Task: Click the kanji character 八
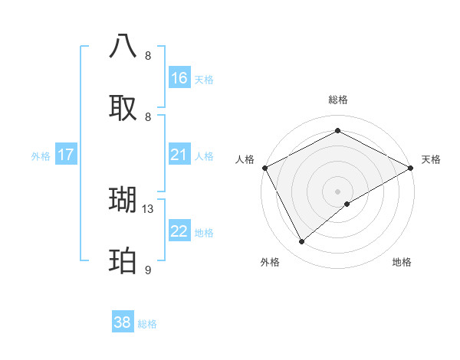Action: pyautogui.click(x=123, y=46)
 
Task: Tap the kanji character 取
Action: pyautogui.click(x=123, y=108)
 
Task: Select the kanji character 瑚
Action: pyautogui.click(x=123, y=200)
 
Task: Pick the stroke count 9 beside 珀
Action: pyautogui.click(x=148, y=270)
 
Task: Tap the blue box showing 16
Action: pyautogui.click(x=179, y=78)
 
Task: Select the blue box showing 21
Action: pyautogui.click(x=179, y=155)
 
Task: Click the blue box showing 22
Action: pyautogui.click(x=179, y=232)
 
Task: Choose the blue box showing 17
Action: pyautogui.click(x=66, y=155)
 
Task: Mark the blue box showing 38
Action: pyautogui.click(x=123, y=323)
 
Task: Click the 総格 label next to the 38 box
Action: pyautogui.click(x=147, y=324)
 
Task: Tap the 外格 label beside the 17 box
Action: pyautogui.click(x=41, y=156)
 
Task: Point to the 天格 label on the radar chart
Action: pyautogui.click(x=431, y=159)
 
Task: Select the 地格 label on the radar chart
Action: pyautogui.click(x=402, y=262)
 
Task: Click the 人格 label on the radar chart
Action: pyautogui.click(x=245, y=159)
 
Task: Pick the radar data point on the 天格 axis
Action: pyautogui.click(x=411, y=168)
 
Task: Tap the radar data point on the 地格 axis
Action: pyautogui.click(x=347, y=204)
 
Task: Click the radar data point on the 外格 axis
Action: pyautogui.click(x=302, y=241)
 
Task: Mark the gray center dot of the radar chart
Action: pyautogui.click(x=337, y=191)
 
